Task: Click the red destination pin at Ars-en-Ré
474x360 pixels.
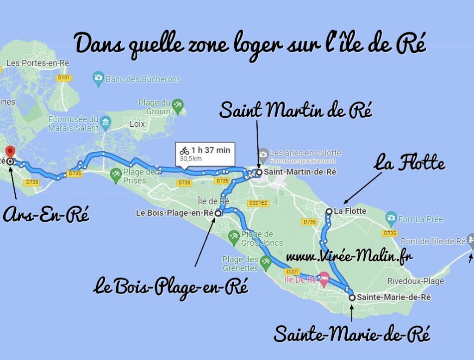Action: pos(10,151)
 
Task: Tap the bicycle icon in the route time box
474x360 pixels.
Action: pos(184,150)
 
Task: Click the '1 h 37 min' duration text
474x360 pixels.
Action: pos(210,150)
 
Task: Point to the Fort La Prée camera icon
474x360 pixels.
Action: pos(391,217)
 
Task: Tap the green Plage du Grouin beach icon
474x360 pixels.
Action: pos(177,106)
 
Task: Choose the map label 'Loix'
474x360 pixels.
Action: pos(137,124)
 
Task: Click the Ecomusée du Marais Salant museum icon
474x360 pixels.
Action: pos(106,122)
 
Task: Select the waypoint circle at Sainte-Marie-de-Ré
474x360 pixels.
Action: pos(352,298)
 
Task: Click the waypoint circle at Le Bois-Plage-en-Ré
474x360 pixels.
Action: pos(218,213)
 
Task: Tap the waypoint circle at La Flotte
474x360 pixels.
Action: pos(329,211)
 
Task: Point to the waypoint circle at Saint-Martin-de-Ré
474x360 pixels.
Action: pos(259,172)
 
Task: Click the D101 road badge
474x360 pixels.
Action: pos(63,78)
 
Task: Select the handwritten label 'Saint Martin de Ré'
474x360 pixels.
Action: pos(296,111)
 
